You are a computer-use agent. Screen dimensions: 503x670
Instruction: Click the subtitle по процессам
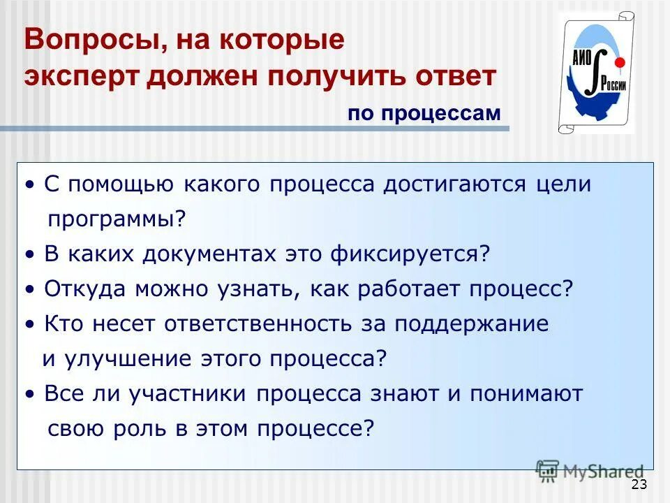[424, 114]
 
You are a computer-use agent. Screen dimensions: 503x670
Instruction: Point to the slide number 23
[639, 485]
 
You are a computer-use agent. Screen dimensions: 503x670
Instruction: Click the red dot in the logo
[618, 63]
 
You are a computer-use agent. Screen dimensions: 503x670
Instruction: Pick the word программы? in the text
[117, 219]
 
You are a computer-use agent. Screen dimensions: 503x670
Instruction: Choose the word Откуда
[76, 289]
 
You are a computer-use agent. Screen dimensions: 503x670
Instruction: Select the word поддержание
[472, 323]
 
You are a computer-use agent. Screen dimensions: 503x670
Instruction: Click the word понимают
[526, 393]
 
